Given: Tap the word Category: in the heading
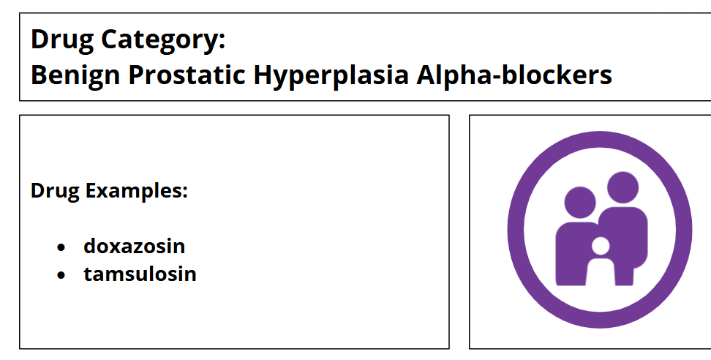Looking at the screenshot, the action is (x=163, y=40).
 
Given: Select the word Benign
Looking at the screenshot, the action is (x=75, y=75).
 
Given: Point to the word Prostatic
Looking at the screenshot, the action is (x=187, y=75).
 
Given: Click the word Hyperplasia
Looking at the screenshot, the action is (x=331, y=75).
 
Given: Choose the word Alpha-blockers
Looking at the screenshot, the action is (x=514, y=75).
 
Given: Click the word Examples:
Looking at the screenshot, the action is (x=137, y=191).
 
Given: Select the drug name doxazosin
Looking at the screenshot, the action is (x=134, y=246).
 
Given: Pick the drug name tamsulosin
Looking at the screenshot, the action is (x=140, y=274).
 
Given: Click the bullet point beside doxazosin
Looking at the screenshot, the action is (x=61, y=247).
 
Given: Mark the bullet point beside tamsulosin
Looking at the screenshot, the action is (x=61, y=275).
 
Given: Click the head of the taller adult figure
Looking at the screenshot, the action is (x=622, y=187).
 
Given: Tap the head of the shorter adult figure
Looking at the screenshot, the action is (x=580, y=202).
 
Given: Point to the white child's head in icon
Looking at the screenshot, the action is (x=601, y=246).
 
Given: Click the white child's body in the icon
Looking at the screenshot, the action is (x=601, y=272).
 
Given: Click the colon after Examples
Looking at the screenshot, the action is (x=184, y=193).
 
